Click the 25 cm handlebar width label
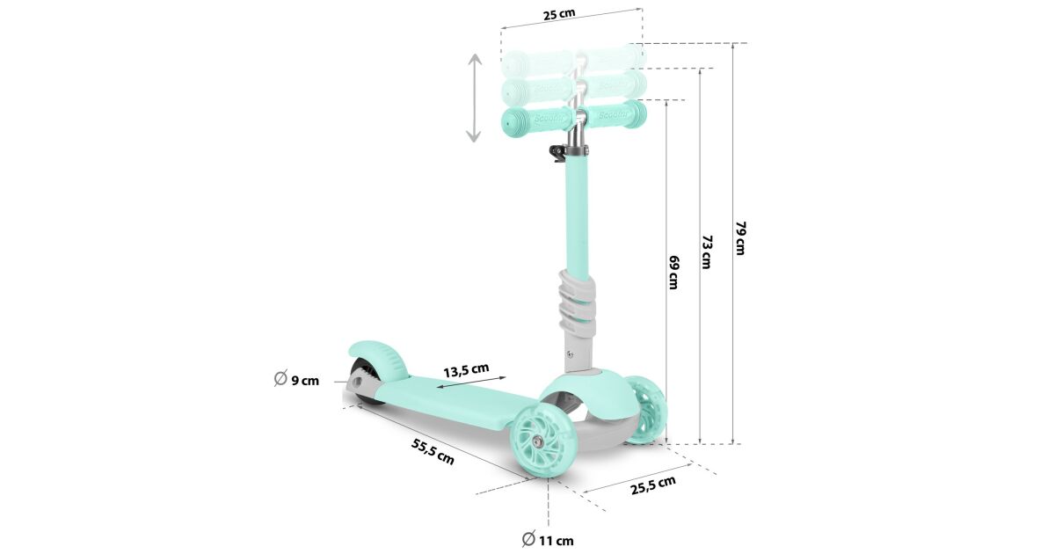[559, 14]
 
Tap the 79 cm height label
[741, 238]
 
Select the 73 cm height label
[707, 252]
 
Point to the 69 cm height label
[674, 273]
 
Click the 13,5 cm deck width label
[466, 370]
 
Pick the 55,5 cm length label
[433, 451]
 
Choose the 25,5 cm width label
[652, 485]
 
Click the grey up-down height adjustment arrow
[474, 98]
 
